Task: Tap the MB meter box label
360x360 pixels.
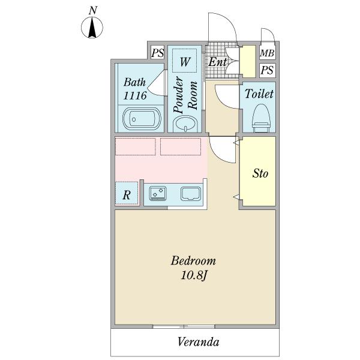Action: tap(267, 53)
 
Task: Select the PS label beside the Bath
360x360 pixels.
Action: tap(157, 53)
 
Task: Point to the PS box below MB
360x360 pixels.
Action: tap(268, 70)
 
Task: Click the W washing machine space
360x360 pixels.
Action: tap(185, 61)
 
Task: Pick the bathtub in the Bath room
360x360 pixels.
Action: tap(142, 119)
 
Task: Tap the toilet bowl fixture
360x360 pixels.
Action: tap(260, 118)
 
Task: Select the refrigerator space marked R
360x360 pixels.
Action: tap(127, 193)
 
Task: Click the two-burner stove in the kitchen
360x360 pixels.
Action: tap(158, 193)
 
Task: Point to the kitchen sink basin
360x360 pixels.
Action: tap(191, 194)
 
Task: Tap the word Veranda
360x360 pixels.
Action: tap(198, 342)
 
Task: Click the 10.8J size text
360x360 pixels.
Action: tap(194, 275)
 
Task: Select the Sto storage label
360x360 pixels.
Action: tap(260, 173)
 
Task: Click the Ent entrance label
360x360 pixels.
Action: tap(217, 62)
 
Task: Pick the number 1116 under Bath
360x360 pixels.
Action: tap(135, 95)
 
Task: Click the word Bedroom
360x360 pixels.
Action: tap(193, 261)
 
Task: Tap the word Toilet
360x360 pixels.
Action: tap(259, 94)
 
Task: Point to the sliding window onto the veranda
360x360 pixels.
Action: tap(184, 326)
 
